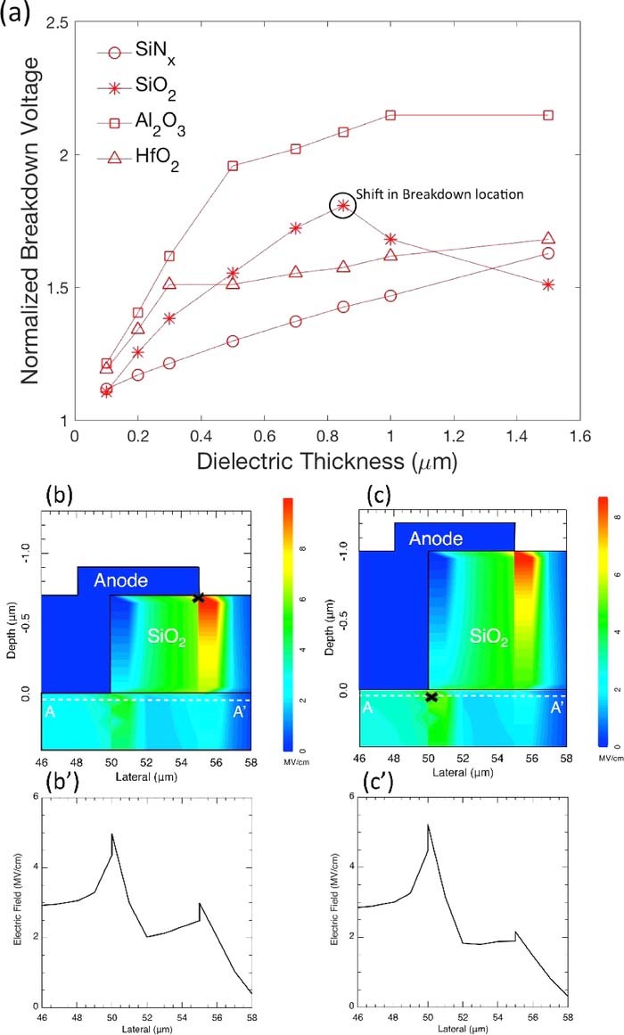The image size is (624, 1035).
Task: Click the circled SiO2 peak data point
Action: [x=343, y=206]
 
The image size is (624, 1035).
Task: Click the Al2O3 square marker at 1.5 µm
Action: [x=548, y=115]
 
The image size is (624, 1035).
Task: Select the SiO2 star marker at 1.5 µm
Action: [x=548, y=284]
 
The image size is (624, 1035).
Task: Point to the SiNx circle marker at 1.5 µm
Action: [x=548, y=253]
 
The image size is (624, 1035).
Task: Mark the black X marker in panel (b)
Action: [x=198, y=597]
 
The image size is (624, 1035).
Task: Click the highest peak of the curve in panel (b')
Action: [x=111, y=834]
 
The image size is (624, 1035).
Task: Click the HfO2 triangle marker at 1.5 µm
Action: [x=548, y=239]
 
